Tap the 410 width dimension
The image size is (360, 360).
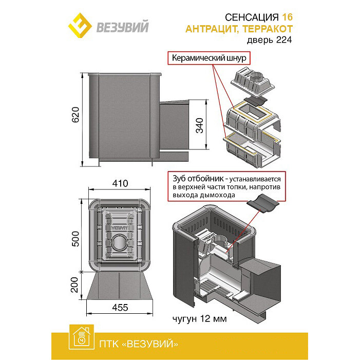[120, 184]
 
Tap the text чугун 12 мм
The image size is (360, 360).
[200, 319]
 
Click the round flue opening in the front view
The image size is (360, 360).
[120, 241]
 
